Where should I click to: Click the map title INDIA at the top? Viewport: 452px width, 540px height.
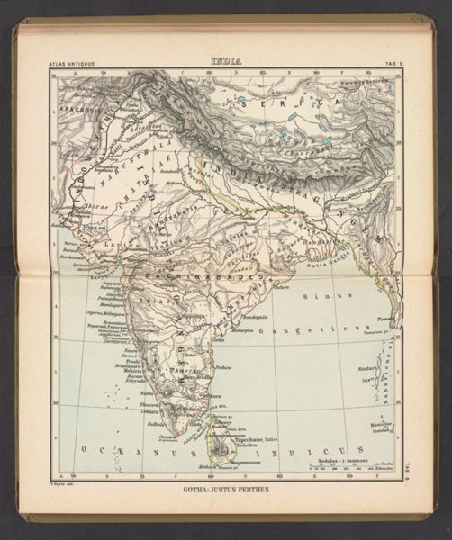click(x=225, y=61)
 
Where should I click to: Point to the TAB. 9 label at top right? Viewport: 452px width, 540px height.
click(x=389, y=65)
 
